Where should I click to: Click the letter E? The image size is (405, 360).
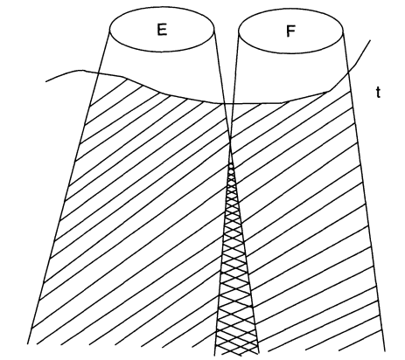pyautogui.click(x=162, y=30)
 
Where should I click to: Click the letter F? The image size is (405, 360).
pyautogui.click(x=290, y=31)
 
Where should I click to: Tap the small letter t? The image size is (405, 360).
pyautogui.click(x=378, y=93)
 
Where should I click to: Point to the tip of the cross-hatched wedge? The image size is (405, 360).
pyautogui.click(x=231, y=164)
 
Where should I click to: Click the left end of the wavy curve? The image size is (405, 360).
pyautogui.click(x=46, y=81)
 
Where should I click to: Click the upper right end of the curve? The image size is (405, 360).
pyautogui.click(x=370, y=40)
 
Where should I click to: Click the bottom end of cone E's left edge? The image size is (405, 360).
pyautogui.click(x=28, y=344)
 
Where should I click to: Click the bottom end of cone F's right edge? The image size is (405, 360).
pyautogui.click(x=385, y=351)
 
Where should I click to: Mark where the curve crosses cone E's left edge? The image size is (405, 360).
pyautogui.click(x=98, y=73)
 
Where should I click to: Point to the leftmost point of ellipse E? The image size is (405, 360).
pyautogui.click(x=109, y=30)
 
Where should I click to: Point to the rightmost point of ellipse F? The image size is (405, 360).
pyautogui.click(x=343, y=30)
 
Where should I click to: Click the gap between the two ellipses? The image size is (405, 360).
pyautogui.click(x=227, y=29)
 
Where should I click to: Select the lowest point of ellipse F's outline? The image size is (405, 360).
pyautogui.click(x=290, y=53)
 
